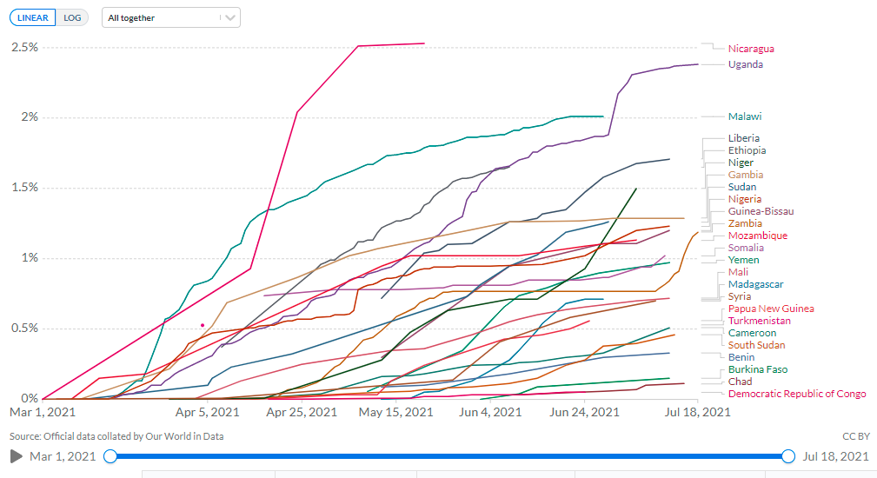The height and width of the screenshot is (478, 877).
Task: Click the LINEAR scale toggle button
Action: coord(33,17)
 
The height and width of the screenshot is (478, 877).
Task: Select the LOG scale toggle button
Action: coord(73,17)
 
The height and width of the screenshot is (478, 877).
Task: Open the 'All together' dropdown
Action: coord(170,17)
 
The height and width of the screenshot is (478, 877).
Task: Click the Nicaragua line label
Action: coord(751,49)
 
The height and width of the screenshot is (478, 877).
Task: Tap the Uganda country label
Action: coord(746,64)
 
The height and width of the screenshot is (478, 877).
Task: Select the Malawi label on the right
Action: coord(745,116)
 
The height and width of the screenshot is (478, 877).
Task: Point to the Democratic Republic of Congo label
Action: coord(797,394)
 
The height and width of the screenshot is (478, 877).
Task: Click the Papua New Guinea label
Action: coord(771,309)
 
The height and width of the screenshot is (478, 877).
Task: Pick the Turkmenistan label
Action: coord(759,321)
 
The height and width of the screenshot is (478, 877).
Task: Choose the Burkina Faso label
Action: coord(758,369)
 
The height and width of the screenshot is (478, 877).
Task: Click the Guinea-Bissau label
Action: coord(761,211)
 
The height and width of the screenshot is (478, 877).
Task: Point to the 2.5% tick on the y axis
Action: coord(24,47)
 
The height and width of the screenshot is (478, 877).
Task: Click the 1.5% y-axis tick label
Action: coord(24,188)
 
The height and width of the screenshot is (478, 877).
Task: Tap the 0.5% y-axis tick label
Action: coord(24,329)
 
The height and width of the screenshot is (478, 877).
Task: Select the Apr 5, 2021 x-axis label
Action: coord(207,412)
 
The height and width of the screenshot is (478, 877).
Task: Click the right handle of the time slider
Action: coord(788,456)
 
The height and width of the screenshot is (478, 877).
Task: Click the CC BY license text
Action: coord(855,435)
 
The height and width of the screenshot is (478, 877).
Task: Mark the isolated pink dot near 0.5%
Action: coord(203,325)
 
